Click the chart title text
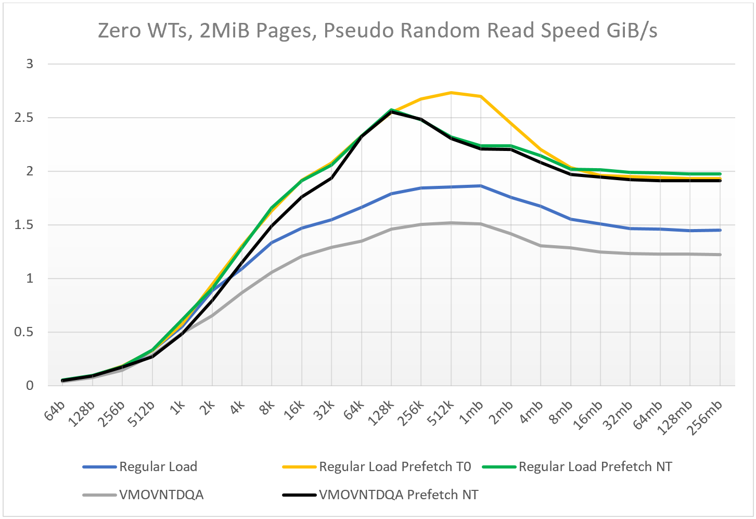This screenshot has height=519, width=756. click(x=378, y=30)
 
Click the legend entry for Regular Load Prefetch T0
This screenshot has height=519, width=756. click(x=376, y=466)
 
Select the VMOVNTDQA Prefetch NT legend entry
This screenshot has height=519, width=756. click(x=380, y=495)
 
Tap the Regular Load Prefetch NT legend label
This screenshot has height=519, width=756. click(x=595, y=466)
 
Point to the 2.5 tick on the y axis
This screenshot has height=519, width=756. click(x=24, y=118)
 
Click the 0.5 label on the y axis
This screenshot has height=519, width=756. click(x=24, y=332)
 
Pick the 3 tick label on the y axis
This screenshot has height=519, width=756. click(x=30, y=64)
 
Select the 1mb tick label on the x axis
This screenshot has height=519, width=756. click(x=471, y=412)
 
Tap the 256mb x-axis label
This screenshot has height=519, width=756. click(x=705, y=417)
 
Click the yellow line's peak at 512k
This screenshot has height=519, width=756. click(x=451, y=93)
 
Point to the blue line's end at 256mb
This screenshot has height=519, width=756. click(x=720, y=230)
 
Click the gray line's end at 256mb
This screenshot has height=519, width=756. click(x=720, y=255)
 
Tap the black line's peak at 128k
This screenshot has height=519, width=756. click(x=391, y=111)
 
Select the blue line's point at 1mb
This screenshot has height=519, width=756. click(x=481, y=186)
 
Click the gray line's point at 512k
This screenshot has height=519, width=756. click(x=451, y=223)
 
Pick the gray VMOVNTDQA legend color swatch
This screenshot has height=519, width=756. click(x=99, y=495)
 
